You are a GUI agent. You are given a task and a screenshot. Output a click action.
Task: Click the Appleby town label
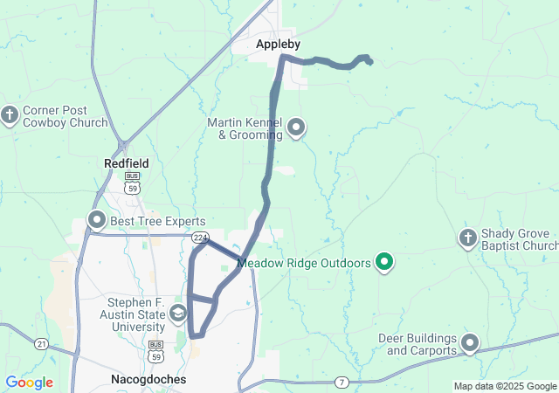[x=279, y=44]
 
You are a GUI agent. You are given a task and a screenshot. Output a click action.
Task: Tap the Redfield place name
[x=127, y=163]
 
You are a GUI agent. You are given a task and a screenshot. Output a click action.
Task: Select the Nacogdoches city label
[x=147, y=380]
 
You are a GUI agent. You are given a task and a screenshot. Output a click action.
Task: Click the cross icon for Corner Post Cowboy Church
[x=10, y=115]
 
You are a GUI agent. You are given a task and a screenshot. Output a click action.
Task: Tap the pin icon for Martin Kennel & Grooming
[x=296, y=128]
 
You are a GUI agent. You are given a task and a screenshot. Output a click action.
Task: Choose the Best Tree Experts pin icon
[x=96, y=220]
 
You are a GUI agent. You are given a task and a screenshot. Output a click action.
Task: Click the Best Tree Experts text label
[x=157, y=222]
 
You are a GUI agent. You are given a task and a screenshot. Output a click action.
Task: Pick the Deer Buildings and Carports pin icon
[x=470, y=344]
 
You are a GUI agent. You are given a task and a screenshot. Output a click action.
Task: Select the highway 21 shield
[x=42, y=345]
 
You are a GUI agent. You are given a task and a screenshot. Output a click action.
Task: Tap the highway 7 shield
[x=342, y=383]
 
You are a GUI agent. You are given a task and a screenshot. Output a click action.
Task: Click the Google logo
[x=29, y=383]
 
